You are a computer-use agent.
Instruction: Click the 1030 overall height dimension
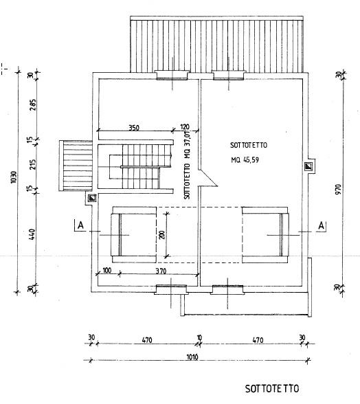click(14, 177)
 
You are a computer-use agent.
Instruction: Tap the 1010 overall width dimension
click(192, 357)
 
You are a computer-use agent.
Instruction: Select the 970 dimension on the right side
click(338, 189)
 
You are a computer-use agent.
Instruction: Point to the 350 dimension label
click(134, 128)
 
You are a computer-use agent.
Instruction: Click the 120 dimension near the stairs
click(185, 127)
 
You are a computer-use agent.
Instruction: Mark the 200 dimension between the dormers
click(162, 234)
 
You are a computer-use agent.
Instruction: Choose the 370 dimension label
click(161, 271)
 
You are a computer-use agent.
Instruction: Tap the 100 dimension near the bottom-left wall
click(107, 270)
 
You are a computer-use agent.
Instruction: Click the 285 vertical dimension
click(33, 105)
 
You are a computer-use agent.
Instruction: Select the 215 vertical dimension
click(33, 164)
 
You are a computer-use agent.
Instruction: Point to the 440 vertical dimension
click(32, 234)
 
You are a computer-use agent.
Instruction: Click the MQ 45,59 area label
click(245, 160)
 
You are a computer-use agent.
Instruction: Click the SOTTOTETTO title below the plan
click(272, 389)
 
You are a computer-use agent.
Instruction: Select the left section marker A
click(80, 225)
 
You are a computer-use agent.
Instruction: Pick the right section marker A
click(321, 225)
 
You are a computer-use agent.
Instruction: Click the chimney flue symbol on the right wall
click(308, 166)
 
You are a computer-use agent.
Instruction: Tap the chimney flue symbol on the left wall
click(92, 198)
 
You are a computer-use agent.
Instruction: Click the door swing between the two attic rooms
click(207, 177)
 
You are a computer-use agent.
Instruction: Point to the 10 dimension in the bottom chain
click(199, 337)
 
